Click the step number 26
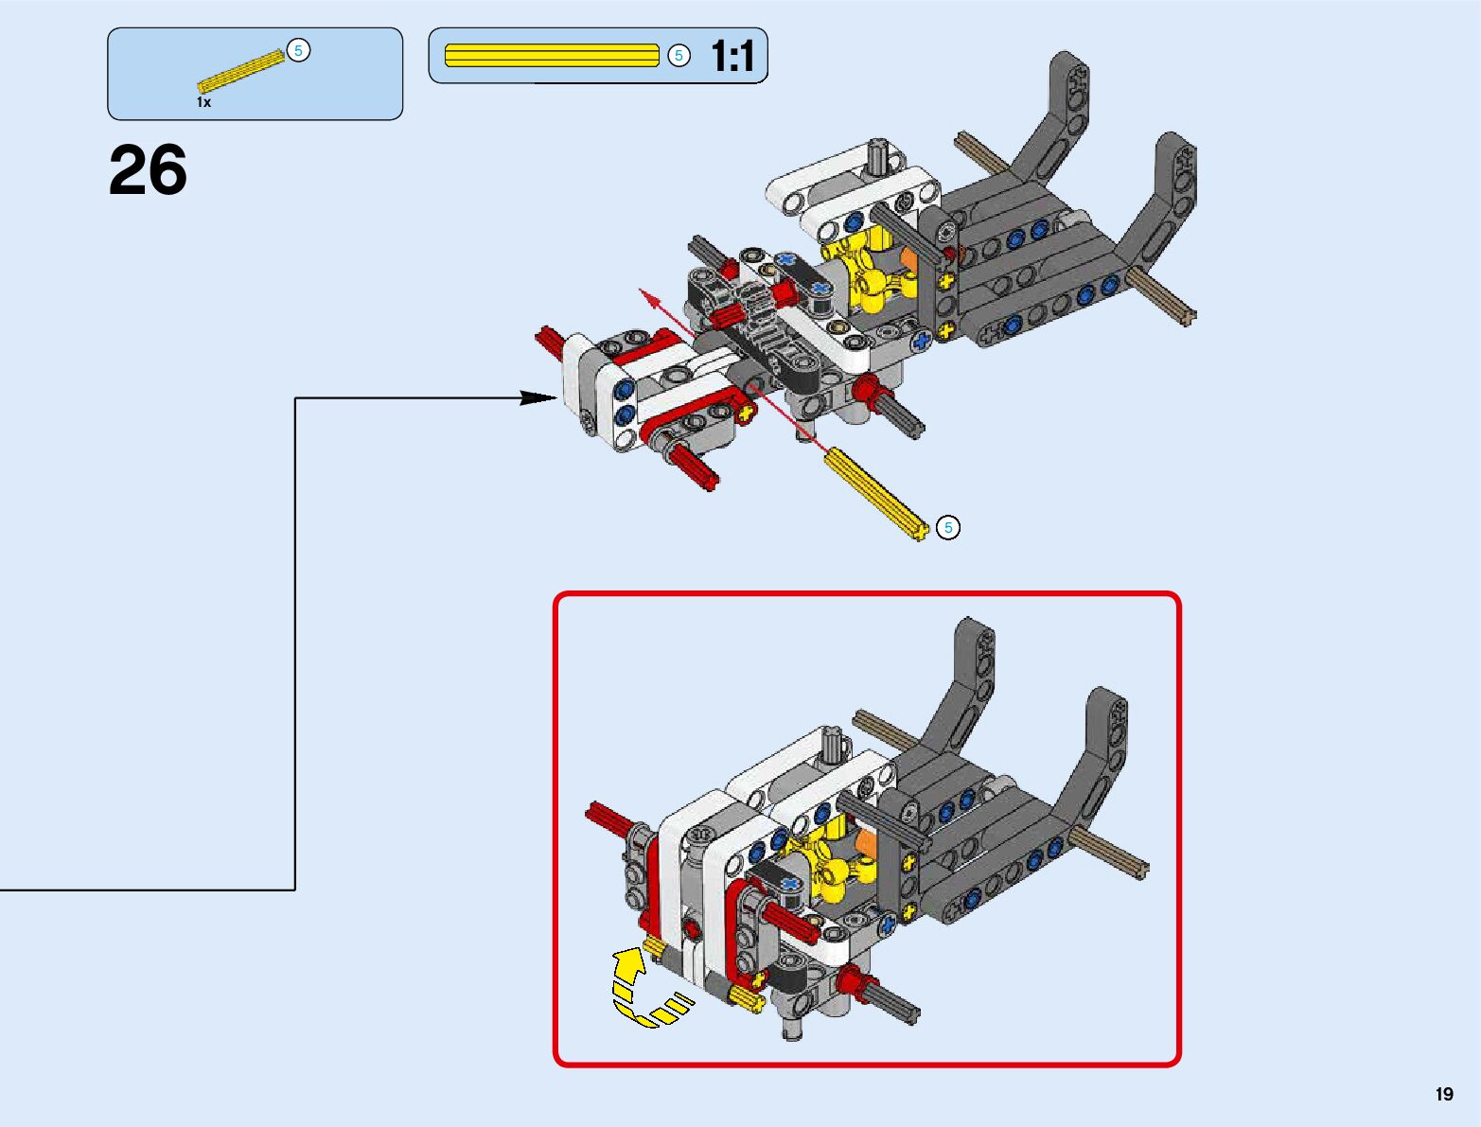coord(148,171)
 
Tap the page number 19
coord(1443,1094)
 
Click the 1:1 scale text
coord(732,57)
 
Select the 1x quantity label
coord(203,102)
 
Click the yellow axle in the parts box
coord(240,71)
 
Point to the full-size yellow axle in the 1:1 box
coord(551,56)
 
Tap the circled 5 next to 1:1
coord(679,56)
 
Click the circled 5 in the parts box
coord(298,51)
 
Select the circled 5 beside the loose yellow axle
coord(947,528)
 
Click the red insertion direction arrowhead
coord(648,296)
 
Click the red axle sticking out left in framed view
coord(606,819)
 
